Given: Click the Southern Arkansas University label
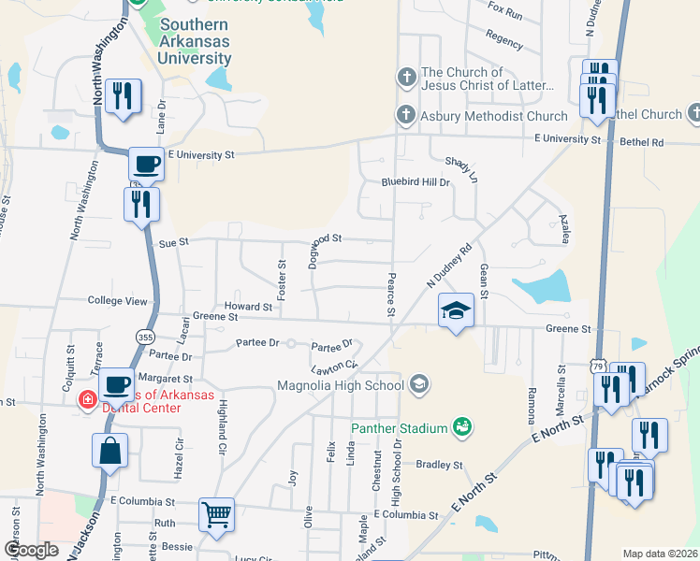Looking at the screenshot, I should click(x=195, y=42).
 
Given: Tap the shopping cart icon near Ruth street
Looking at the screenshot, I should click(x=216, y=515).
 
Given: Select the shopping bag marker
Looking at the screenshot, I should click(x=109, y=450).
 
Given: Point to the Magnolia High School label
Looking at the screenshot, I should click(x=341, y=384).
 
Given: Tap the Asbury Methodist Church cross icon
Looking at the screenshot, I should click(x=405, y=116).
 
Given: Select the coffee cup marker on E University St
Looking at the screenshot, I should click(x=146, y=165).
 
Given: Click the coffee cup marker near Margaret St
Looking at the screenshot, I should click(x=117, y=383).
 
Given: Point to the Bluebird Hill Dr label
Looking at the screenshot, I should click(x=416, y=182).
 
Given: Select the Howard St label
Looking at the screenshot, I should click(x=248, y=307).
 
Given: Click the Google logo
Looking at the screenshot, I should click(x=31, y=550).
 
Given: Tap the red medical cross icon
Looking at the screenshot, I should click(x=87, y=399).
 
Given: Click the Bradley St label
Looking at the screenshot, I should click(x=439, y=465).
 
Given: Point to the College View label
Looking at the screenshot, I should click(x=117, y=301).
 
